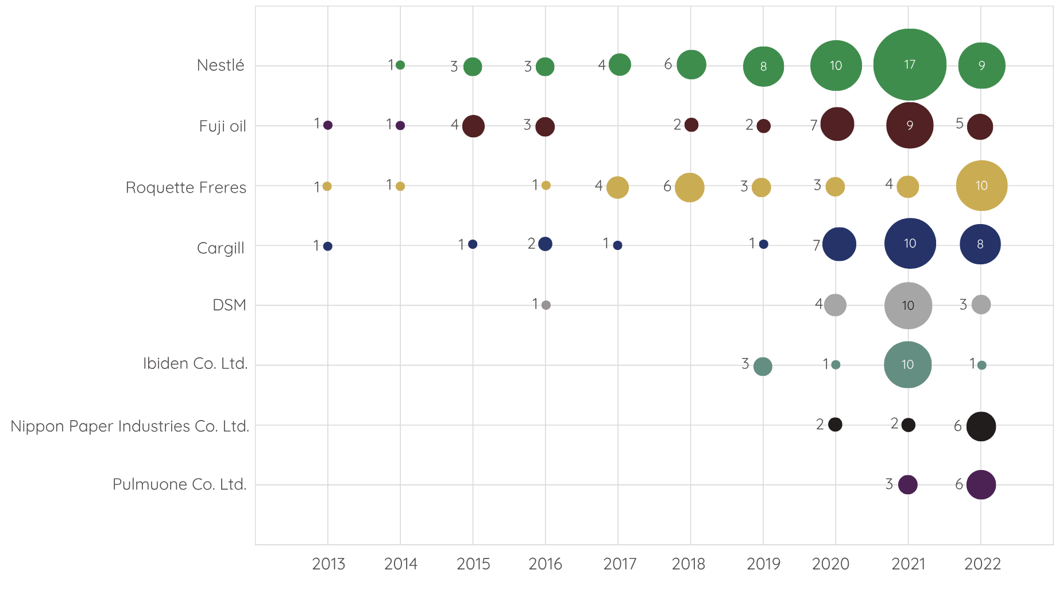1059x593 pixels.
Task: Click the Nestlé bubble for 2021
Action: pos(910,65)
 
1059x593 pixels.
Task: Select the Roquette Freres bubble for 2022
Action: pos(981,186)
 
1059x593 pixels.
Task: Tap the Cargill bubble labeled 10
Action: pos(910,244)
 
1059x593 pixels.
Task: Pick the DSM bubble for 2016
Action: pos(546,305)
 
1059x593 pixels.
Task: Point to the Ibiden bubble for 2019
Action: pos(763,366)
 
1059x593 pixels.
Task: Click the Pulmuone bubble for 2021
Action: pos(908,484)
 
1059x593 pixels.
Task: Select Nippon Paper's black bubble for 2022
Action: pos(981,426)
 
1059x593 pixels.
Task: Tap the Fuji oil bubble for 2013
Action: pos(328,125)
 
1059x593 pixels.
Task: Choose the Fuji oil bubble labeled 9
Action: pos(910,125)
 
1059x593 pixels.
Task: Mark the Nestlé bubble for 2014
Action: pos(400,65)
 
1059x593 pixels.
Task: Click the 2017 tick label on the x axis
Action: pos(620,564)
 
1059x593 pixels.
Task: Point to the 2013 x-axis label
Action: pos(328,564)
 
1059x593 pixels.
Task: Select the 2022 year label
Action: pos(983,564)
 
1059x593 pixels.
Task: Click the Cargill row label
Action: pos(221,248)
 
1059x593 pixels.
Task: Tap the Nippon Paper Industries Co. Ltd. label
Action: pos(130,426)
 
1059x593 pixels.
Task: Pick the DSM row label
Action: pos(229,305)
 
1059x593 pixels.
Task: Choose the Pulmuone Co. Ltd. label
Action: pos(180,484)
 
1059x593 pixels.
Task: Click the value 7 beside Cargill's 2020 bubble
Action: pos(816,245)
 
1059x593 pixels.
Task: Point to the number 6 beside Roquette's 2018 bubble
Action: pos(667,186)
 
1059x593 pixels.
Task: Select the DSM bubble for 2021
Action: pos(908,306)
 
